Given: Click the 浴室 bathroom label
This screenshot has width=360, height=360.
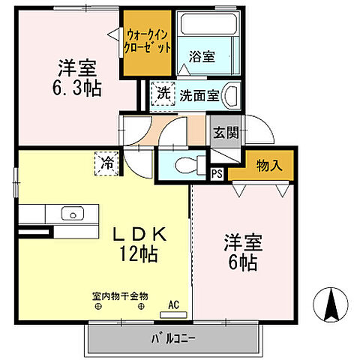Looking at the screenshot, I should [x=202, y=55].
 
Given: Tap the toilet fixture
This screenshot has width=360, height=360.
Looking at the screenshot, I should [x=184, y=164].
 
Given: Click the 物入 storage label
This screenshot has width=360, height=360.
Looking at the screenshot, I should [x=268, y=165].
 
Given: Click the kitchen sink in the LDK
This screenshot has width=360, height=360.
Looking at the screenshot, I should [x=72, y=212].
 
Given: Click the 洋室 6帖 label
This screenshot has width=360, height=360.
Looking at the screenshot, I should [x=241, y=253].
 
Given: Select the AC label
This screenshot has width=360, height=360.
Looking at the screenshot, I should [x=173, y=304].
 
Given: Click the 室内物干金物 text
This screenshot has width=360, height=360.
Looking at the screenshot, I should [x=120, y=295].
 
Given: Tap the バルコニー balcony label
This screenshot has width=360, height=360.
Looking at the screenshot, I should [x=175, y=337].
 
